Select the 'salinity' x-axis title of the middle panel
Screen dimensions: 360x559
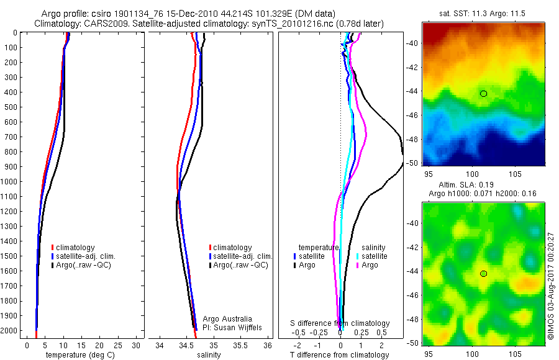[x=209, y=355]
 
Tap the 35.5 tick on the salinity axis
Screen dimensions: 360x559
[x=240, y=345]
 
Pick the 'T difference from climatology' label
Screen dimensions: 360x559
[x=339, y=355]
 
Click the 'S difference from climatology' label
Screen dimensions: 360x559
[x=340, y=323]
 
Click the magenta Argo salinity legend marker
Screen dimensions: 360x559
[x=358, y=265]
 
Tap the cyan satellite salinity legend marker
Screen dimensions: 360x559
[x=358, y=256]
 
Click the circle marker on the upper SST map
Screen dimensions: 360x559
[x=483, y=94]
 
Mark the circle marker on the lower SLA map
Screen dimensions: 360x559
[x=483, y=274]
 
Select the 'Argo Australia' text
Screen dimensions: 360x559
[x=228, y=318]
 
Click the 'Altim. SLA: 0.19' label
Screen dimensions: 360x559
[x=465, y=186]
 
